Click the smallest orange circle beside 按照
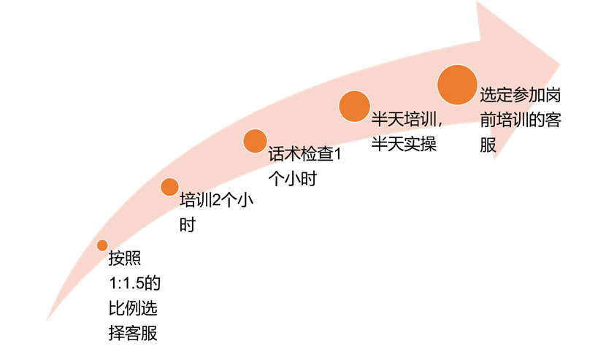(102, 245)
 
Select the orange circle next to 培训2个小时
(169, 187)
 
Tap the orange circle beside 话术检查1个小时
(255, 141)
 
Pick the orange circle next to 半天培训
(354, 107)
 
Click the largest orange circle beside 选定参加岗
(457, 85)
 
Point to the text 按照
(124, 258)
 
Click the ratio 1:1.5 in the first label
(126, 283)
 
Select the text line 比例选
(133, 308)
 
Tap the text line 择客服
(133, 333)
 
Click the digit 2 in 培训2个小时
(216, 200)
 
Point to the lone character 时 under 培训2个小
(188, 224)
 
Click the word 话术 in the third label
(285, 154)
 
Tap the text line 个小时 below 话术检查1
(293, 179)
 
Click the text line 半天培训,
(407, 119)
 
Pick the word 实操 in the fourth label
(421, 144)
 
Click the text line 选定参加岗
(520, 95)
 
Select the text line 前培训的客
(520, 120)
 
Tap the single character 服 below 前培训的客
(488, 145)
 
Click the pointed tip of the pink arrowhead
(560, 64)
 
